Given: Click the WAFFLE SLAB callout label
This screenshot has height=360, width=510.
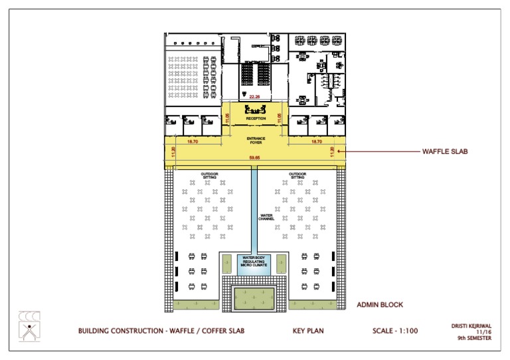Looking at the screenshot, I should pyautogui.click(x=445, y=151).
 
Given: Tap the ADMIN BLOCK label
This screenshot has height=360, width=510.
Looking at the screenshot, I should pyautogui.click(x=379, y=305).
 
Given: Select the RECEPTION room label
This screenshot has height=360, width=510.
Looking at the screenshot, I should pyautogui.click(x=256, y=119).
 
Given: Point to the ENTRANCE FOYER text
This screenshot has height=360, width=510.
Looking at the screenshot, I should pyautogui.click(x=256, y=139).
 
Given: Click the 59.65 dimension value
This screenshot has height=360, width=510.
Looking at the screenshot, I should pyautogui.click(x=254, y=158).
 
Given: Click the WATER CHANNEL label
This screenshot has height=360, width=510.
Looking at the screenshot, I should pyautogui.click(x=266, y=217).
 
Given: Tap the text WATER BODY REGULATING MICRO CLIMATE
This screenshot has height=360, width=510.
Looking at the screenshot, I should pyautogui.click(x=254, y=262).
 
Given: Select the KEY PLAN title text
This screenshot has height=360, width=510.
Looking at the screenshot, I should pyautogui.click(x=308, y=330).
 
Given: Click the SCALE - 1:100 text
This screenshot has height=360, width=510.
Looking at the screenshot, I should pyautogui.click(x=395, y=330).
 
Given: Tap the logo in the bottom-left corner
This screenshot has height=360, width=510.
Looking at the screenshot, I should pyautogui.click(x=29, y=326).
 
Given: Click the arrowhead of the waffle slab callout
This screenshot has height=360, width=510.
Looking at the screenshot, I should pyautogui.click(x=339, y=151).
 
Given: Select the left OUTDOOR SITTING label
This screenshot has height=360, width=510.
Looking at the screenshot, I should pyautogui.click(x=211, y=176).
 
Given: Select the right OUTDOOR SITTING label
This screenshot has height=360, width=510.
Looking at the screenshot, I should pyautogui.click(x=297, y=176).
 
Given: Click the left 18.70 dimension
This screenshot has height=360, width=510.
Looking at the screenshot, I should pyautogui.click(x=193, y=142).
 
